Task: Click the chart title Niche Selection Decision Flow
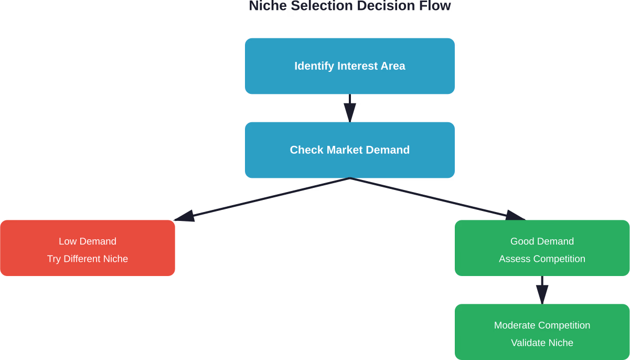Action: pyautogui.click(x=349, y=6)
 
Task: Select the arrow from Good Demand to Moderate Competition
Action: pyautogui.click(x=542, y=290)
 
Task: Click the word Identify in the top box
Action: pyautogui.click(x=314, y=66)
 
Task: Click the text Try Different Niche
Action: pyautogui.click(x=88, y=259)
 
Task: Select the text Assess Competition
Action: pyautogui.click(x=542, y=259)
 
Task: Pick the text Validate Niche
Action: pyautogui.click(x=542, y=343)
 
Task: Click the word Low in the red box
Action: pyautogui.click(x=67, y=241)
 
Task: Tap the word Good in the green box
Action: pyautogui.click(x=521, y=241)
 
